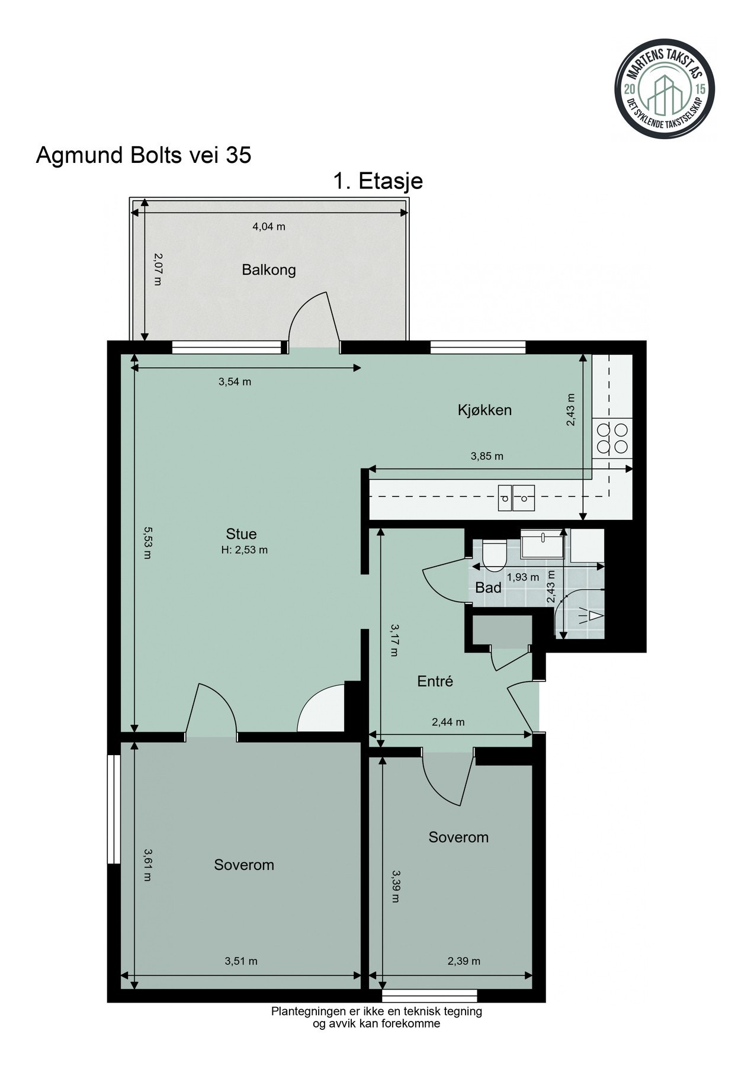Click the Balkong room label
pyautogui.click(x=268, y=271)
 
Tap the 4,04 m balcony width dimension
pyautogui.click(x=269, y=226)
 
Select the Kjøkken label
pyautogui.click(x=484, y=410)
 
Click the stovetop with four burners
pyautogui.click(x=612, y=438)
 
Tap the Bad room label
pyautogui.click(x=488, y=588)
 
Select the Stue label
pyautogui.click(x=241, y=534)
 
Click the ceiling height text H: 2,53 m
pyautogui.click(x=244, y=550)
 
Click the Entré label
pyautogui.click(x=435, y=682)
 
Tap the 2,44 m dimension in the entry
pyautogui.click(x=448, y=722)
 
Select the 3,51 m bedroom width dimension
pyautogui.click(x=240, y=961)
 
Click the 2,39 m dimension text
pyautogui.click(x=463, y=961)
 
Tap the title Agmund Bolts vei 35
pyautogui.click(x=143, y=155)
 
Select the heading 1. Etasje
pyautogui.click(x=377, y=181)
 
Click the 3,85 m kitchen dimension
pyautogui.click(x=486, y=457)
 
